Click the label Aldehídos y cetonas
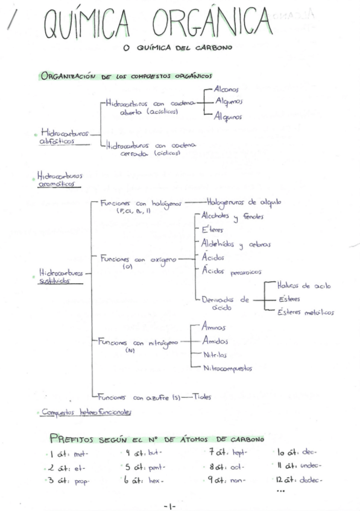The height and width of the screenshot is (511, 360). coord(236,244)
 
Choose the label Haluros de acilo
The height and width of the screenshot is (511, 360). coord(304,286)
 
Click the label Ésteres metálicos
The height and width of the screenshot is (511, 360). coord(305,312)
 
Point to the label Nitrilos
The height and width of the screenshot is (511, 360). coord(215,354)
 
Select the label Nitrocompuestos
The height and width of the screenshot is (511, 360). coord(228,368)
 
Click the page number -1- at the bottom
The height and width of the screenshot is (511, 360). coord(169,506)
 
